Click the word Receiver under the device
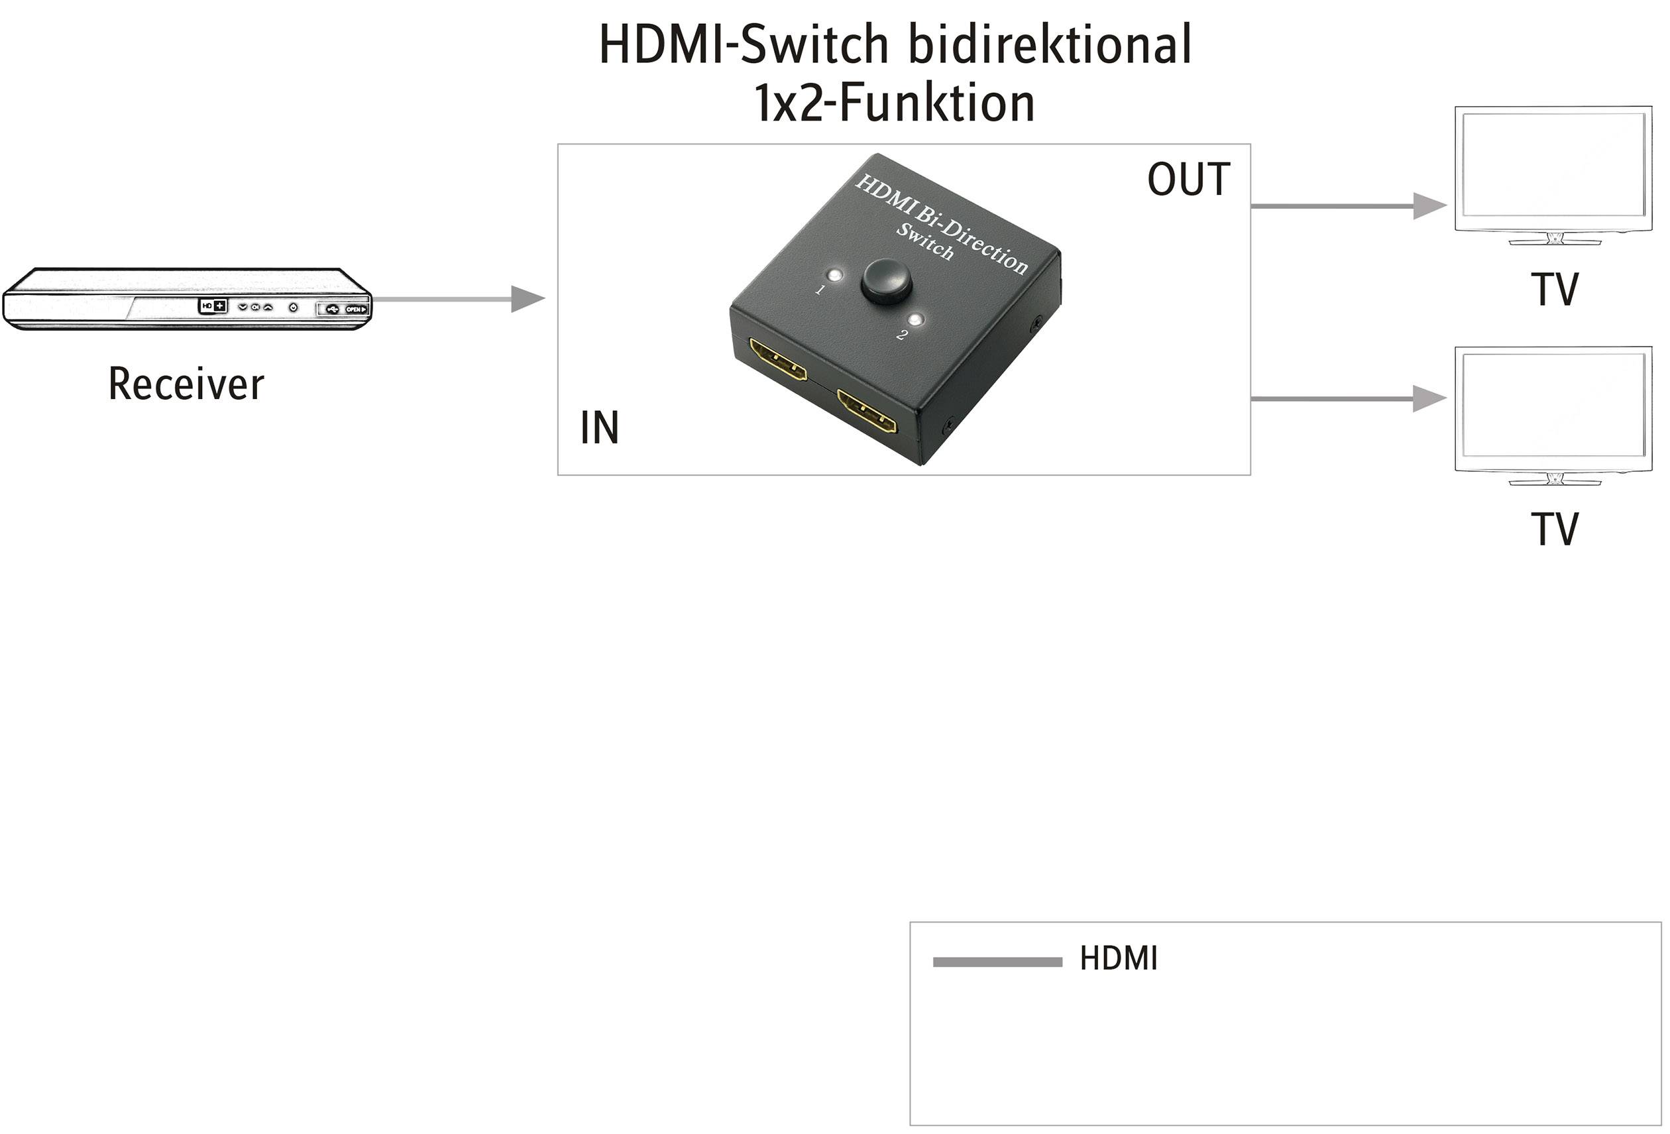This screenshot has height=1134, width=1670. coord(186,384)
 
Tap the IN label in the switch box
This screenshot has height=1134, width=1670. coord(598,427)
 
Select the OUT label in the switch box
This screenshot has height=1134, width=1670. coord(1188,179)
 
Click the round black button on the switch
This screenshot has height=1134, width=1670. coord(886,280)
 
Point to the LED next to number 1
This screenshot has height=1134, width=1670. coord(834,275)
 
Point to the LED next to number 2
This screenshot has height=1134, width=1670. coord(915,320)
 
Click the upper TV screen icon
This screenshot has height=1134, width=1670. coord(1553,169)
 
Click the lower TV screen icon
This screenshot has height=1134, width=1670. coord(1553,409)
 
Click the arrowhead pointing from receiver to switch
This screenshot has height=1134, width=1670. coord(527,298)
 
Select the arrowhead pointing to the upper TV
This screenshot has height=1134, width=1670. coord(1429,206)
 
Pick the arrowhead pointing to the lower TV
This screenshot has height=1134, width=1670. coord(1429,398)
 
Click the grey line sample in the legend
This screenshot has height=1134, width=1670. coord(997,962)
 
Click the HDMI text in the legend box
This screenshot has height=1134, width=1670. coord(1118,958)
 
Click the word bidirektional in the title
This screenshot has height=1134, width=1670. coord(1050,44)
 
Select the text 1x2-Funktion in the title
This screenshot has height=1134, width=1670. coord(894,103)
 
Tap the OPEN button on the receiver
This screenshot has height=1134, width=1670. coord(356,309)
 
